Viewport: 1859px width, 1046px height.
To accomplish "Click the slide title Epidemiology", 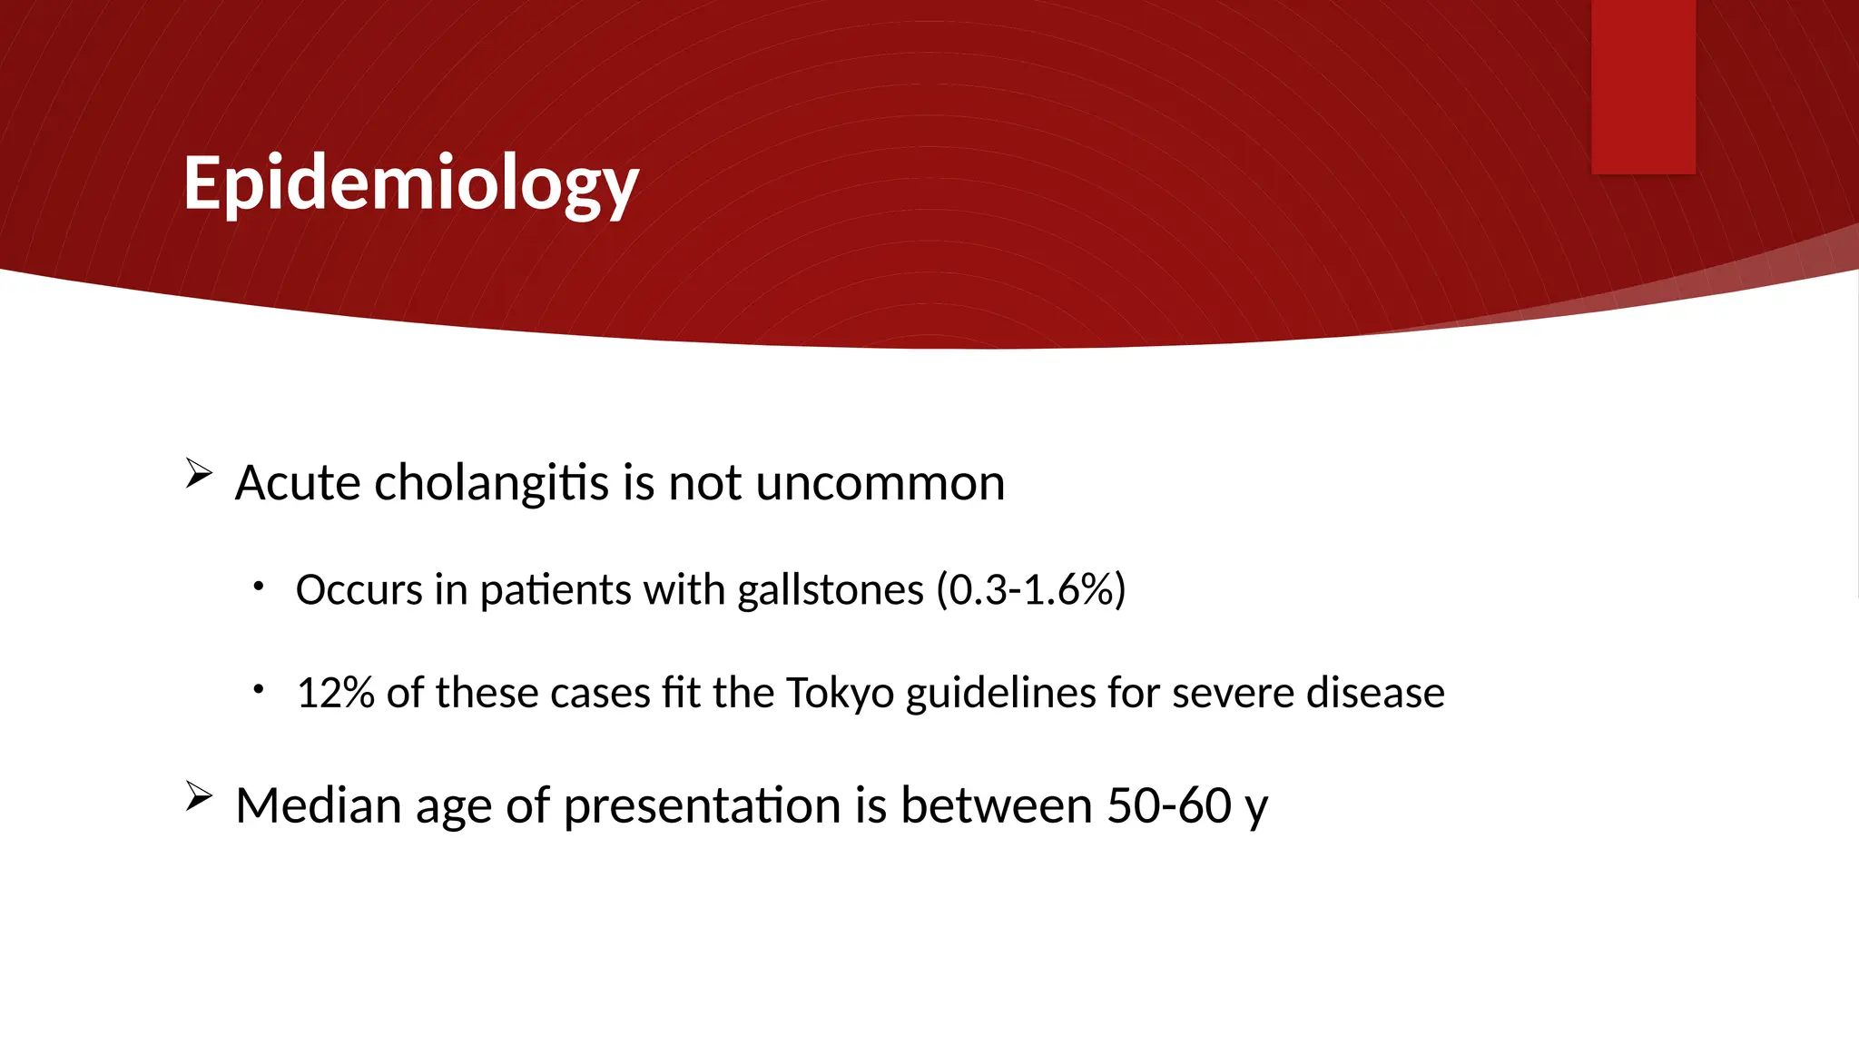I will (x=410, y=184).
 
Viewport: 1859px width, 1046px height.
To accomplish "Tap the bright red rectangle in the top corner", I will (x=1643, y=86).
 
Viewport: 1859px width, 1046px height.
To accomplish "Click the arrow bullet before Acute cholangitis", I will (x=199, y=473).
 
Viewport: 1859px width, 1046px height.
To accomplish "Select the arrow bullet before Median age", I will (x=199, y=796).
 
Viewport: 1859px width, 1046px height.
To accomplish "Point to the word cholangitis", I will (x=491, y=482).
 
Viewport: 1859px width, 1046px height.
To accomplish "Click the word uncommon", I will (x=880, y=482).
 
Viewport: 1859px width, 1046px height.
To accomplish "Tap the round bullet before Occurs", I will (x=259, y=587).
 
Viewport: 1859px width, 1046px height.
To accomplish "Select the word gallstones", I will (x=830, y=590).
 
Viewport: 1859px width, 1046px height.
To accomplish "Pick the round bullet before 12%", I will (x=259, y=689).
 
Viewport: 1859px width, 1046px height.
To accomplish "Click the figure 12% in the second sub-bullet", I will (x=335, y=693).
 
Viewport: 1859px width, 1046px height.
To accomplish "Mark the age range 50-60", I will (x=1168, y=805).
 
